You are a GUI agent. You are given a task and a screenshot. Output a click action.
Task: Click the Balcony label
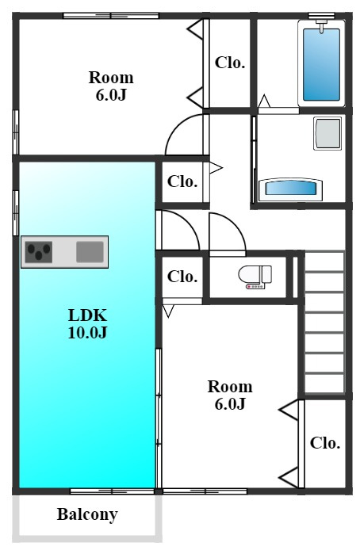click(87, 515)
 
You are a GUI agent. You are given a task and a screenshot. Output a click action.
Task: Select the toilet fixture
click(255, 277)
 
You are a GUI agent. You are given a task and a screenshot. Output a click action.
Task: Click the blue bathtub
click(321, 64)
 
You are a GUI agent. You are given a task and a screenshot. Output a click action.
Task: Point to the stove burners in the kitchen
click(39, 252)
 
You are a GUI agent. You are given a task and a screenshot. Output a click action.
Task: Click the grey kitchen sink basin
click(90, 252)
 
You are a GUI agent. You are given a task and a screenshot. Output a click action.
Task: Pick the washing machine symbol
click(327, 133)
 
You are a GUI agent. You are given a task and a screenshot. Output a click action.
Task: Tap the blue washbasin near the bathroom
click(290, 189)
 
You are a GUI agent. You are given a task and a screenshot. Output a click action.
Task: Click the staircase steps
click(324, 322)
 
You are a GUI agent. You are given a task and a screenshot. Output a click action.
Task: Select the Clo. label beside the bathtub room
click(230, 63)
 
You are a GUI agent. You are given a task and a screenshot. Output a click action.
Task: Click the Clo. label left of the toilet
click(182, 277)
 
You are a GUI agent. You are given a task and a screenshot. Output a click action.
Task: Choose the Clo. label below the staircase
click(325, 443)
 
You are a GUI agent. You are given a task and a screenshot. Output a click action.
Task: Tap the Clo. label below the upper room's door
click(182, 181)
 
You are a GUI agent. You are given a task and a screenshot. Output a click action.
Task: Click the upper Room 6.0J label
click(111, 86)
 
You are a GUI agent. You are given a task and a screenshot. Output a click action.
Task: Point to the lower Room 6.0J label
click(230, 395)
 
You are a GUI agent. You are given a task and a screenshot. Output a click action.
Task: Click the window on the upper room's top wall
click(111, 16)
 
